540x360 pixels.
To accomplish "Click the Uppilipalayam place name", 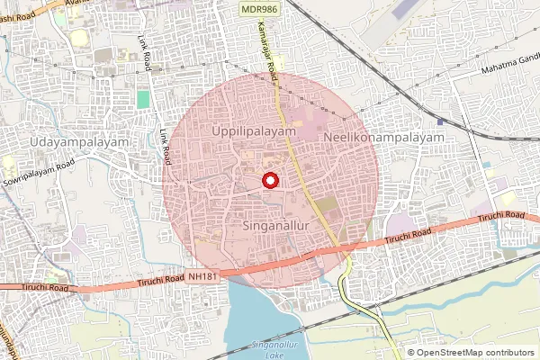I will pyautogui.click(x=254, y=131).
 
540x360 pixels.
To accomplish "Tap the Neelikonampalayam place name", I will pyautogui.click(x=384, y=138).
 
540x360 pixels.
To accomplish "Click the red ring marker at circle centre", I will pyautogui.click(x=269, y=179).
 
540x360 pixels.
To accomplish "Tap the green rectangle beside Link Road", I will pyautogui.click(x=143, y=97).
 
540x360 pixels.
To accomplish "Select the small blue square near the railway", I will pyautogui.click(x=439, y=121).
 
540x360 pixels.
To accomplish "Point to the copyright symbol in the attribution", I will pyautogui.click(x=411, y=353).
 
